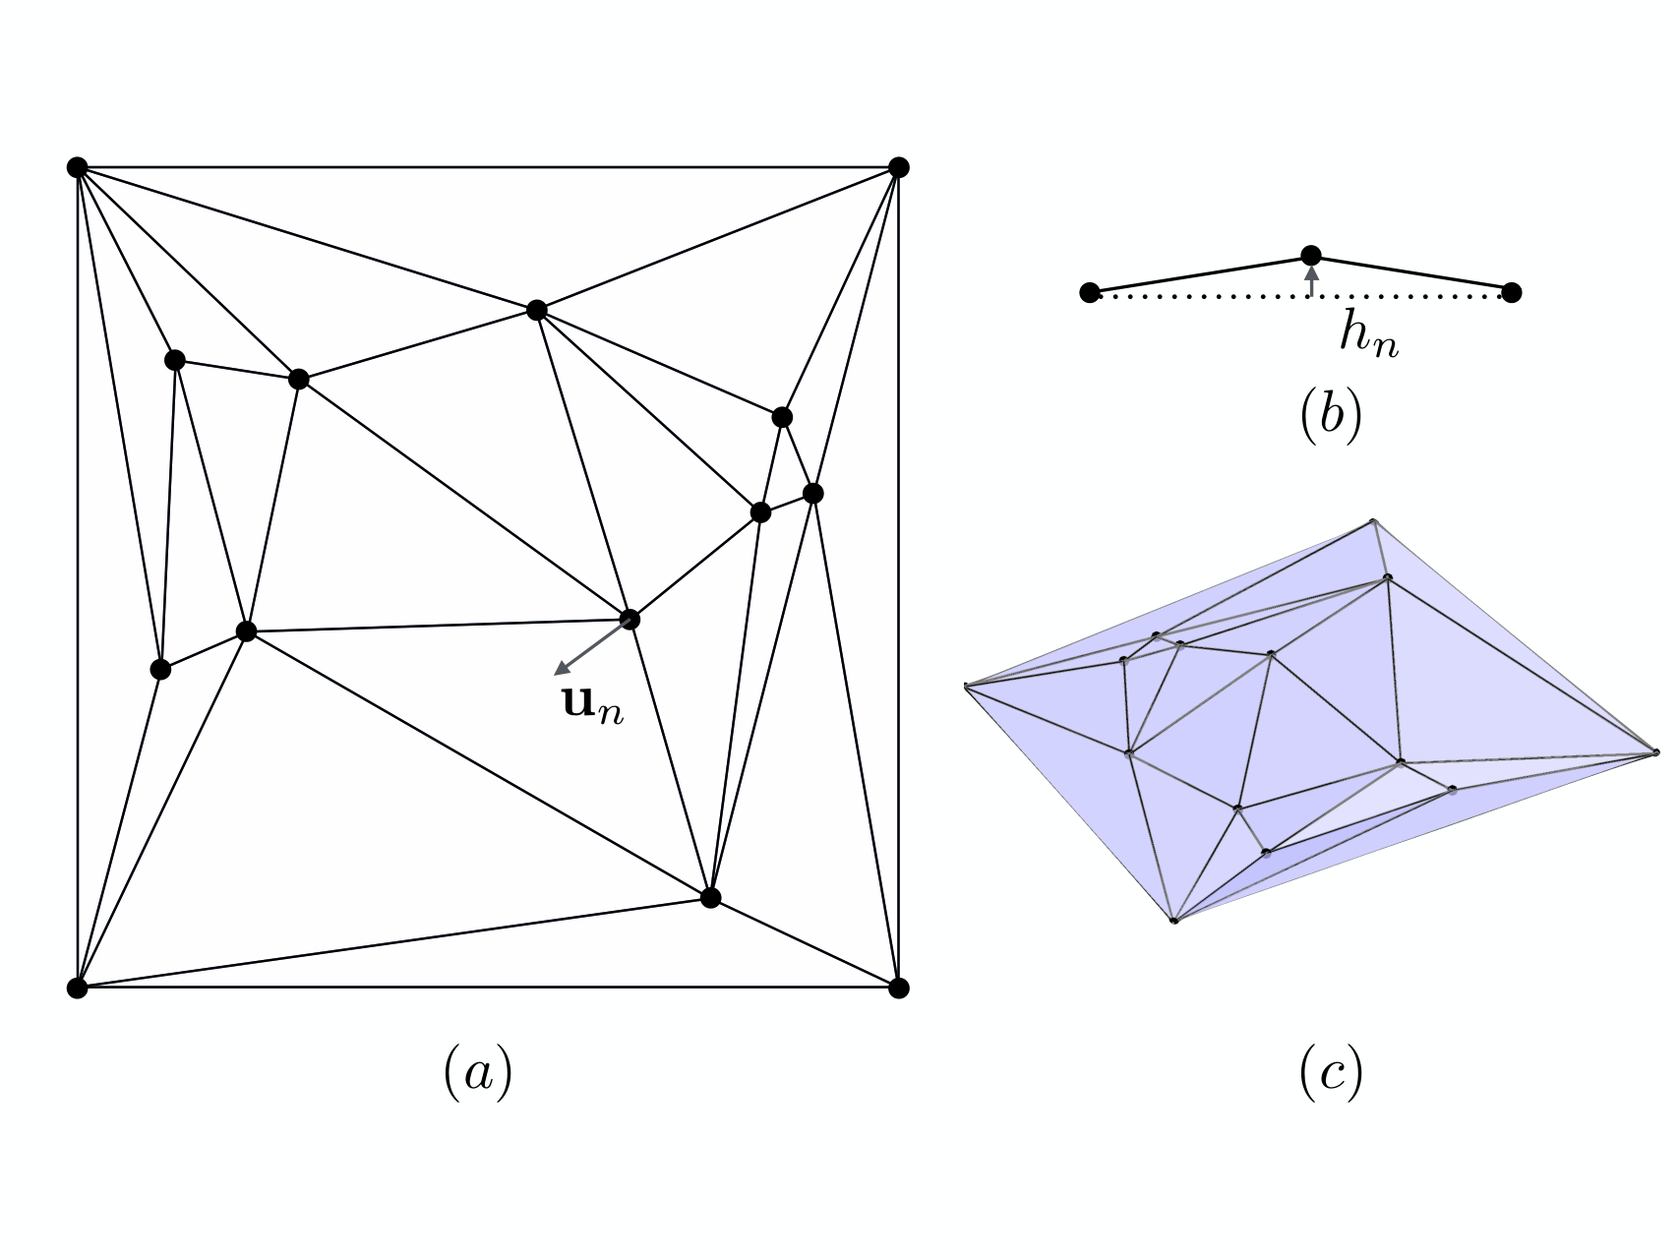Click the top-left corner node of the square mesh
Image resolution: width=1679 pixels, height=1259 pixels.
point(78,167)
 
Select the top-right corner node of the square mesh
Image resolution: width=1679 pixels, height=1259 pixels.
point(898,167)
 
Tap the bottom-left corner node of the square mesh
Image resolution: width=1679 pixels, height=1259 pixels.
point(78,988)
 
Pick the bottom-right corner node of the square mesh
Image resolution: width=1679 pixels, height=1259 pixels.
point(898,988)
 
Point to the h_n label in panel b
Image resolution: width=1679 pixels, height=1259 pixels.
point(1369,335)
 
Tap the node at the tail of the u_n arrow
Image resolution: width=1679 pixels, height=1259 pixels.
point(630,620)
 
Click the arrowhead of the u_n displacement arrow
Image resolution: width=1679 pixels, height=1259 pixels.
point(562,670)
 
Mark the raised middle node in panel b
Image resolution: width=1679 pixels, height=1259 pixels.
point(1311,256)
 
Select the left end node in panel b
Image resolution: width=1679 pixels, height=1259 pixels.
point(1090,292)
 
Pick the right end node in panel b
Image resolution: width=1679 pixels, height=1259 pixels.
point(1513,292)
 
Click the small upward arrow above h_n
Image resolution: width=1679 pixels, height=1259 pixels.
point(1311,280)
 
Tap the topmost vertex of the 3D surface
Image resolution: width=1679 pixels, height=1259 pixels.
point(1373,521)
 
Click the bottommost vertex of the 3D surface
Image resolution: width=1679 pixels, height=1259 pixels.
point(1173,921)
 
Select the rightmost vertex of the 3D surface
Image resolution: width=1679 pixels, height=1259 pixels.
point(1656,752)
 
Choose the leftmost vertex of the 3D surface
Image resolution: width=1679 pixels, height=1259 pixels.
point(967,686)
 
